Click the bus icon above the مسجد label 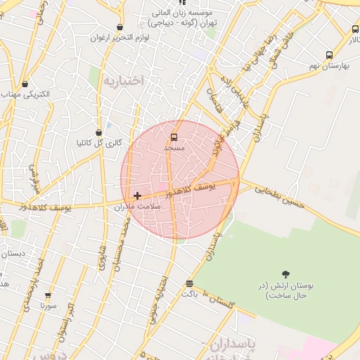click(174, 136)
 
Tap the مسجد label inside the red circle click(174, 148)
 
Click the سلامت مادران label click(138, 207)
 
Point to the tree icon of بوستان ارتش click(286, 274)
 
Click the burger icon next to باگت click(189, 283)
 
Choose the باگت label click(190, 294)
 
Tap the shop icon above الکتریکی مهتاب click(25, 84)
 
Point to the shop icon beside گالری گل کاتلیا click(98, 131)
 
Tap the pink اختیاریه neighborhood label click(124, 81)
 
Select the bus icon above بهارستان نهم click(329, 55)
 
